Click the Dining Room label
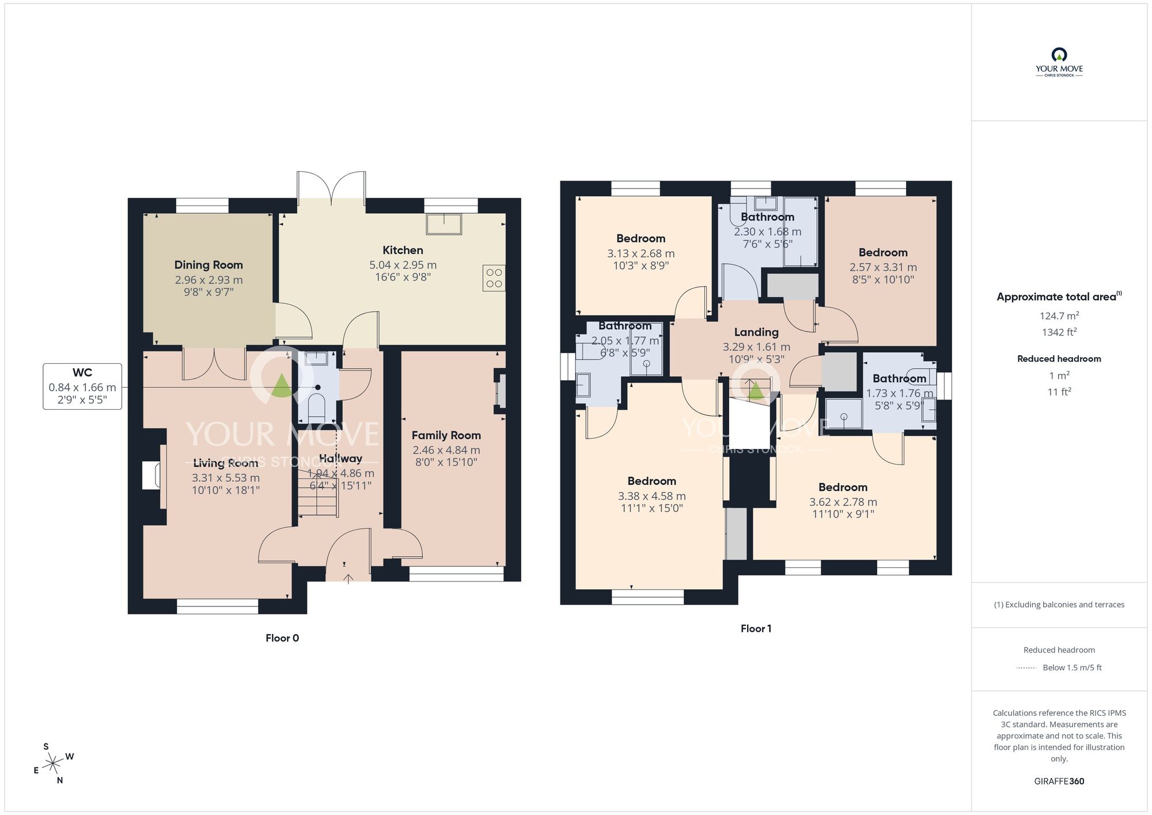coord(209,265)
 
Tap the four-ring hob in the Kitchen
coord(494,278)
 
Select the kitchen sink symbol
coord(444,224)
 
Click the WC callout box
coord(82,386)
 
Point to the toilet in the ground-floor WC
coord(317,406)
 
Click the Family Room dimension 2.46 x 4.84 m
coord(446,450)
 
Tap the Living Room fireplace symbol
coord(151,476)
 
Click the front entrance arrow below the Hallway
coord(348,578)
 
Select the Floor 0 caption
coord(282,638)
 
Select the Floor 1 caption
coord(756,629)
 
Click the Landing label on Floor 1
coord(756,333)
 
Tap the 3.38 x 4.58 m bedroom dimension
coord(651,496)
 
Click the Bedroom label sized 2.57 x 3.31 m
coord(883,252)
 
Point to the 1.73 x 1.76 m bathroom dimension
coord(899,394)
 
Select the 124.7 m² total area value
coord(1059,316)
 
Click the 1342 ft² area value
coord(1059,332)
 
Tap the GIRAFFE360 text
coord(1059,782)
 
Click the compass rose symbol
coord(54,764)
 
